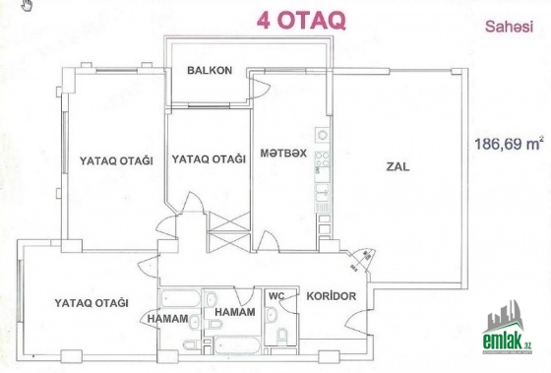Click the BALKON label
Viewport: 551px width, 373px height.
210,70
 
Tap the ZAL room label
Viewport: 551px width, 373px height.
398,166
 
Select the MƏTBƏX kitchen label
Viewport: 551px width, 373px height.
283,154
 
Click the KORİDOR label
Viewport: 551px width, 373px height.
331,296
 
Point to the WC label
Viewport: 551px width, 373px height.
276,296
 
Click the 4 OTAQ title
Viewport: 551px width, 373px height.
301,21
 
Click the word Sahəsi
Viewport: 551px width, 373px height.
510,27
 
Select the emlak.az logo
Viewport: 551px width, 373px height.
507,327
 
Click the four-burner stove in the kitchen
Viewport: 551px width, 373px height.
323,158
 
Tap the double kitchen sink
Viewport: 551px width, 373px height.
323,193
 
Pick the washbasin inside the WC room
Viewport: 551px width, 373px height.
271,314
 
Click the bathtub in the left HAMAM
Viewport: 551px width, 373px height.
180,299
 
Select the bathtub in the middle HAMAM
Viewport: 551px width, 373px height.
237,345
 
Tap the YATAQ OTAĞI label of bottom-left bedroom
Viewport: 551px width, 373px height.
92,303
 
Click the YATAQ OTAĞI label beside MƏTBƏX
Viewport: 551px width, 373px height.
209,159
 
